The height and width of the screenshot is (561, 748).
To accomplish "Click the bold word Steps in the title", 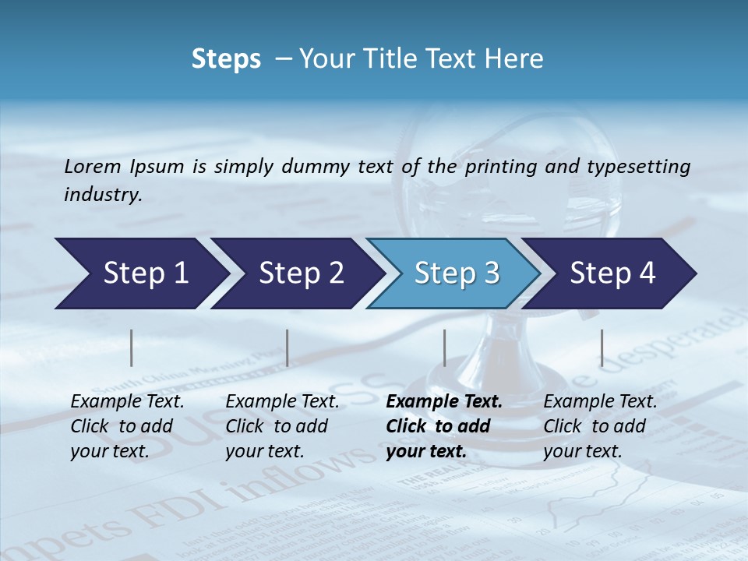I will (226, 59).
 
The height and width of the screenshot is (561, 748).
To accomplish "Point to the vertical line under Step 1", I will (132, 348).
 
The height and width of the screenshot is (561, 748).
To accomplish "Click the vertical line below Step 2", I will (288, 348).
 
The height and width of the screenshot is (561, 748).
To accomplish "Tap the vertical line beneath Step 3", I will (444, 348).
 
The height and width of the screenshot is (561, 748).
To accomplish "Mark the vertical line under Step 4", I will (602, 348).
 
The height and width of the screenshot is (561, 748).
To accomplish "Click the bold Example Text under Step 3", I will (444, 402).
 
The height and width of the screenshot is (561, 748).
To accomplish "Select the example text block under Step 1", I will (127, 426).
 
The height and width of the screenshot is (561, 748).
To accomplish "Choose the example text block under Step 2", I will (282, 426).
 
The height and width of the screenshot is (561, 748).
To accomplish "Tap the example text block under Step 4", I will (600, 426).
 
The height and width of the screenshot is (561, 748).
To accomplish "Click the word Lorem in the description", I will (93, 166).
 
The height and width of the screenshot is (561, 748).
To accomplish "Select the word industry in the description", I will (103, 195).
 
